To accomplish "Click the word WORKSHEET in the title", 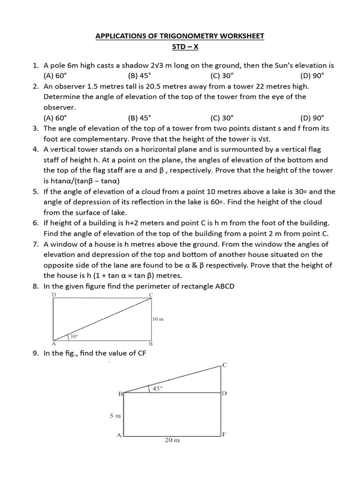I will click(239, 36).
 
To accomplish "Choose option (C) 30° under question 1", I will click(222, 76).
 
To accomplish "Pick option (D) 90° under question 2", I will click(312, 118).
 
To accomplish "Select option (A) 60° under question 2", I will click(55, 118).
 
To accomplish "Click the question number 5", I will click(35, 192).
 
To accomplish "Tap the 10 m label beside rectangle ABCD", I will click(158, 319).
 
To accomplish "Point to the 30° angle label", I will click(74, 337).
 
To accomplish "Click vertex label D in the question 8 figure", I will click(54, 294).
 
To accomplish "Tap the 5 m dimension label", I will click(115, 415).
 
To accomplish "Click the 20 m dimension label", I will click(172, 440).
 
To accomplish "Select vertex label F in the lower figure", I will click(224, 434).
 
